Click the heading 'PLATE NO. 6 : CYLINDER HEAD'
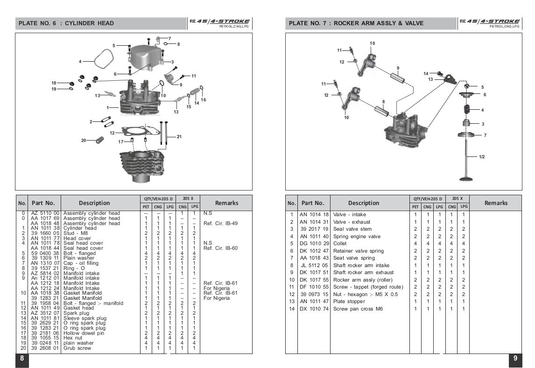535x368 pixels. (x=66, y=23)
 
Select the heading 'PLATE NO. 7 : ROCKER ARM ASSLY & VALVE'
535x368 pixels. (x=356, y=23)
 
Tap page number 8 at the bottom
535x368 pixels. (x=22, y=358)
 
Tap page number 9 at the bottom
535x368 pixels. (x=515, y=358)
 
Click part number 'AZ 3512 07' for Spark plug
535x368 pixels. (x=45, y=313)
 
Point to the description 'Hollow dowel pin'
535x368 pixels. (x=84, y=333)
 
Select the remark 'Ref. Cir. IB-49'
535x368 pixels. (x=220, y=223)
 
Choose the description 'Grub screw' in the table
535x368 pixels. (x=77, y=348)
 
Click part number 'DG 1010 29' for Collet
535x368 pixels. (x=314, y=243)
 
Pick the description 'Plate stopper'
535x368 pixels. (x=349, y=301)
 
